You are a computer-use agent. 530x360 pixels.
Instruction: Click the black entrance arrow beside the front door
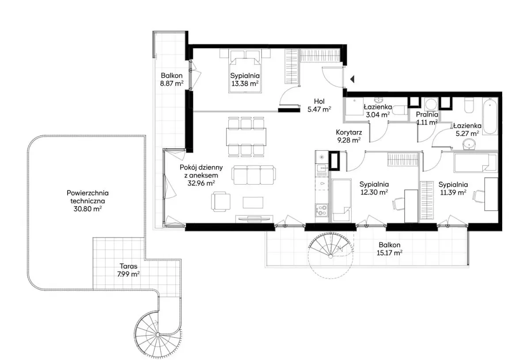pyautogui.click(x=352, y=79)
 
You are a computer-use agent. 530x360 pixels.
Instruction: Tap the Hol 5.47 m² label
pyautogui.click(x=319, y=105)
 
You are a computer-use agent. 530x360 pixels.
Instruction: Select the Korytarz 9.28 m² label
pyautogui.click(x=349, y=136)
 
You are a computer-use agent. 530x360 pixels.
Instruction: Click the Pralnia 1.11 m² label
pyautogui.click(x=427, y=118)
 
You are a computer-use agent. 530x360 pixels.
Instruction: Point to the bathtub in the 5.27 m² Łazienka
pyautogui.click(x=490, y=116)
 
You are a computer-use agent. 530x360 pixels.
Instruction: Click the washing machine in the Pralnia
pyautogui.click(x=431, y=104)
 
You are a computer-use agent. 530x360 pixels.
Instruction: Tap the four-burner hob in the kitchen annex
pyautogui.click(x=322, y=210)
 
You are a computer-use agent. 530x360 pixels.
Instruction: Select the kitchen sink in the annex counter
pyautogui.click(x=322, y=168)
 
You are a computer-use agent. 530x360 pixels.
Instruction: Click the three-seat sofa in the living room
pyautogui.click(x=254, y=175)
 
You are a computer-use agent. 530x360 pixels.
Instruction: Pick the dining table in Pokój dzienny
pyautogui.click(x=246, y=137)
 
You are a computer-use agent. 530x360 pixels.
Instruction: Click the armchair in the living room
pyautogui.click(x=221, y=201)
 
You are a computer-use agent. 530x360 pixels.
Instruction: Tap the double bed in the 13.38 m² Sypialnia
pyautogui.click(x=245, y=71)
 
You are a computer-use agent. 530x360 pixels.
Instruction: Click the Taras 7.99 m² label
pyautogui.click(x=128, y=270)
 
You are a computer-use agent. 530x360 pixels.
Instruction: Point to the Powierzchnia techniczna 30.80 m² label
pyautogui.click(x=87, y=201)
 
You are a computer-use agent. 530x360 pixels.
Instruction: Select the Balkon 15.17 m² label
pyautogui.click(x=390, y=249)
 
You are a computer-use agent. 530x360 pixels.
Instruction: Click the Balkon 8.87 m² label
pyautogui.click(x=172, y=80)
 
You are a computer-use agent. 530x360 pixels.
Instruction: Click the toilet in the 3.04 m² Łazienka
pyautogui.click(x=399, y=110)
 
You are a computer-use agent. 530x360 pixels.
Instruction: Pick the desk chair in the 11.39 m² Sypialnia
pyautogui.click(x=478, y=196)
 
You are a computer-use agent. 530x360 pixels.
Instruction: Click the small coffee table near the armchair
pyautogui.click(x=253, y=203)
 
